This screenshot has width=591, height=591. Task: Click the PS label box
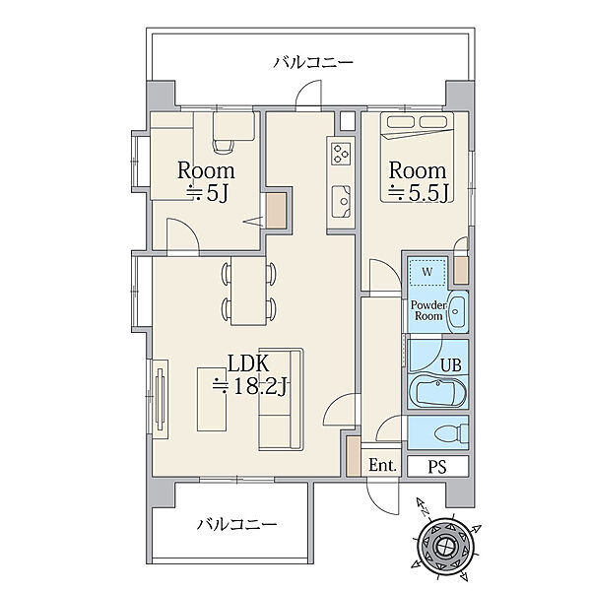437,466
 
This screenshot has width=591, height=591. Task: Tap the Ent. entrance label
382,465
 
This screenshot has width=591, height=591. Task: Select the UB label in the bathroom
451,364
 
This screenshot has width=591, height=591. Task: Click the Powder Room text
428,310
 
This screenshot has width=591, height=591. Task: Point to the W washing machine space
427,272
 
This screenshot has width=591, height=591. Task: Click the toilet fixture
451,432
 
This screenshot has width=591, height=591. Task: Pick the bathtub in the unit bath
437,392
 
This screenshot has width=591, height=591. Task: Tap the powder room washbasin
458,311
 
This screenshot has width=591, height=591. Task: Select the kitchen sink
341,202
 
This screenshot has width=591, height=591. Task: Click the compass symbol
446,545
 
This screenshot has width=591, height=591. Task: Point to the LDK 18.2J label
249,374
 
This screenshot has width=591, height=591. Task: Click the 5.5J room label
418,181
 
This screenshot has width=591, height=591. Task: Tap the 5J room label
206,181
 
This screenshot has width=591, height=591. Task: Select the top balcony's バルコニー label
313,62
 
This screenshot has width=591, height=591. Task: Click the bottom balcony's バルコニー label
236,524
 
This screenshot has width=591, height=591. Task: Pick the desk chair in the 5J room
224,145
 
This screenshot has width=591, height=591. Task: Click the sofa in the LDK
281,400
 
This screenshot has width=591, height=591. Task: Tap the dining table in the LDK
249,291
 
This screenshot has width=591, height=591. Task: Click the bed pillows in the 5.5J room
417,122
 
